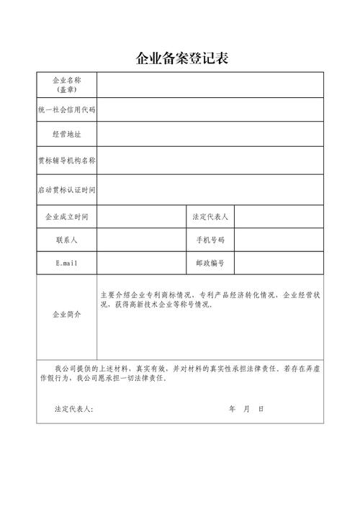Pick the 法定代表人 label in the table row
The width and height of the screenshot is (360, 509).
pyautogui.click(x=210, y=217)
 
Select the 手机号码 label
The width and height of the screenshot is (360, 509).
pyautogui.click(x=210, y=239)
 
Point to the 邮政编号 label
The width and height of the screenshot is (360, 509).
pyautogui.click(x=210, y=263)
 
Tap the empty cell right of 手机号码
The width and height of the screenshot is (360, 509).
pyautogui.click(x=279, y=239)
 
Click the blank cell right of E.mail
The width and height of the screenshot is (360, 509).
pyautogui.click(x=142, y=263)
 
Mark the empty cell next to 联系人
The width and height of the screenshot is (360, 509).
pyautogui.click(x=142, y=239)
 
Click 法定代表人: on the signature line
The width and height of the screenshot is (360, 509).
pyautogui.click(x=73, y=409)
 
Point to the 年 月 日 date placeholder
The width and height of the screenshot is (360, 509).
pyautogui.click(x=246, y=409)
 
